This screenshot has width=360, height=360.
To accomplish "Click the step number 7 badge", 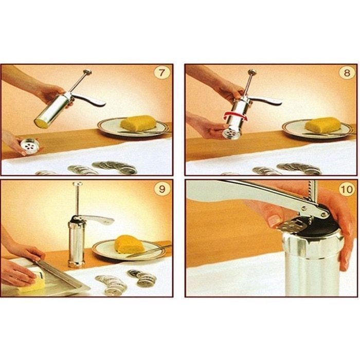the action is [162, 73].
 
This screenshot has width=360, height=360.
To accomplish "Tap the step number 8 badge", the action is [347, 73].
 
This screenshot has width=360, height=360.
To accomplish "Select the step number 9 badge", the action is [162, 189].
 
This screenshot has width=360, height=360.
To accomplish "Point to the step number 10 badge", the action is [347, 189].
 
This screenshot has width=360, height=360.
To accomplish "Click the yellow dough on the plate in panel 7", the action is [138, 122].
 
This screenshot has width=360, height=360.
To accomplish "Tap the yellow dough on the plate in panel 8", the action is [323, 124].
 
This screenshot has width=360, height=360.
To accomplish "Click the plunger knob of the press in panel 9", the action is [78, 184].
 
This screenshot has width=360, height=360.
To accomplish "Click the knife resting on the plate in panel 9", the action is [149, 251].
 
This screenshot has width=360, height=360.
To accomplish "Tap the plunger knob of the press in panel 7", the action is [88, 73].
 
